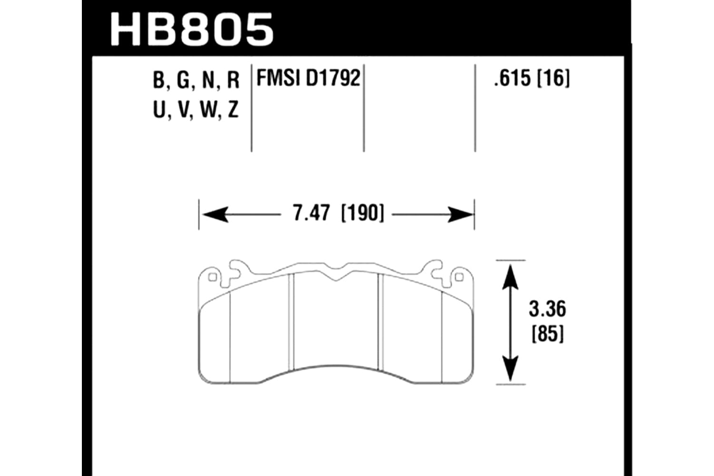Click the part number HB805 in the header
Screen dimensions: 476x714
tap(192, 30)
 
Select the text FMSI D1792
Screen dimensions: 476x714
tap(308, 79)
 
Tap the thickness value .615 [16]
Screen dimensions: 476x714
tap(532, 79)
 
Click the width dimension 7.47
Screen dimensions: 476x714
tap(311, 214)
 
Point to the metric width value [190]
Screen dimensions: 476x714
tap(362, 214)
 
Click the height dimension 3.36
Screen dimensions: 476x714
tap(547, 310)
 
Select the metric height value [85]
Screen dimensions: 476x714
tap(547, 335)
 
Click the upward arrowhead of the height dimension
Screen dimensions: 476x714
tap(510, 273)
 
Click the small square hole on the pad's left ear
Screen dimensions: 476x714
tap(213, 277)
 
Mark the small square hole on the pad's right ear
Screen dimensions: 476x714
tap(459, 277)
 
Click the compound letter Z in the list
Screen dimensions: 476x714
tap(233, 111)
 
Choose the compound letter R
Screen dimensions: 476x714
tap(233, 80)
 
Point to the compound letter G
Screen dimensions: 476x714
tap(183, 80)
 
